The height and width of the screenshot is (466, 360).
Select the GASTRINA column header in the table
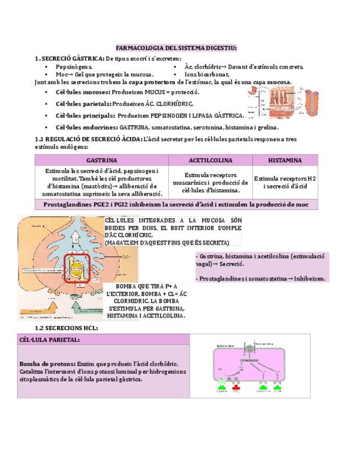click(x=101, y=160)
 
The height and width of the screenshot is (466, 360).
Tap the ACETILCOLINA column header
click(x=211, y=160)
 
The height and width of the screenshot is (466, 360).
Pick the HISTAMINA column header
click(x=285, y=160)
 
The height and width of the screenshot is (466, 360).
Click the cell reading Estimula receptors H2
click(x=285, y=179)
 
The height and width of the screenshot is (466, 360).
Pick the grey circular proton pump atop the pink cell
click(x=249, y=349)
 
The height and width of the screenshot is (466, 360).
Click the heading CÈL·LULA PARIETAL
click(x=49, y=340)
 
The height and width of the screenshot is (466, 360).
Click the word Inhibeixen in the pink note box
click(x=309, y=279)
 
